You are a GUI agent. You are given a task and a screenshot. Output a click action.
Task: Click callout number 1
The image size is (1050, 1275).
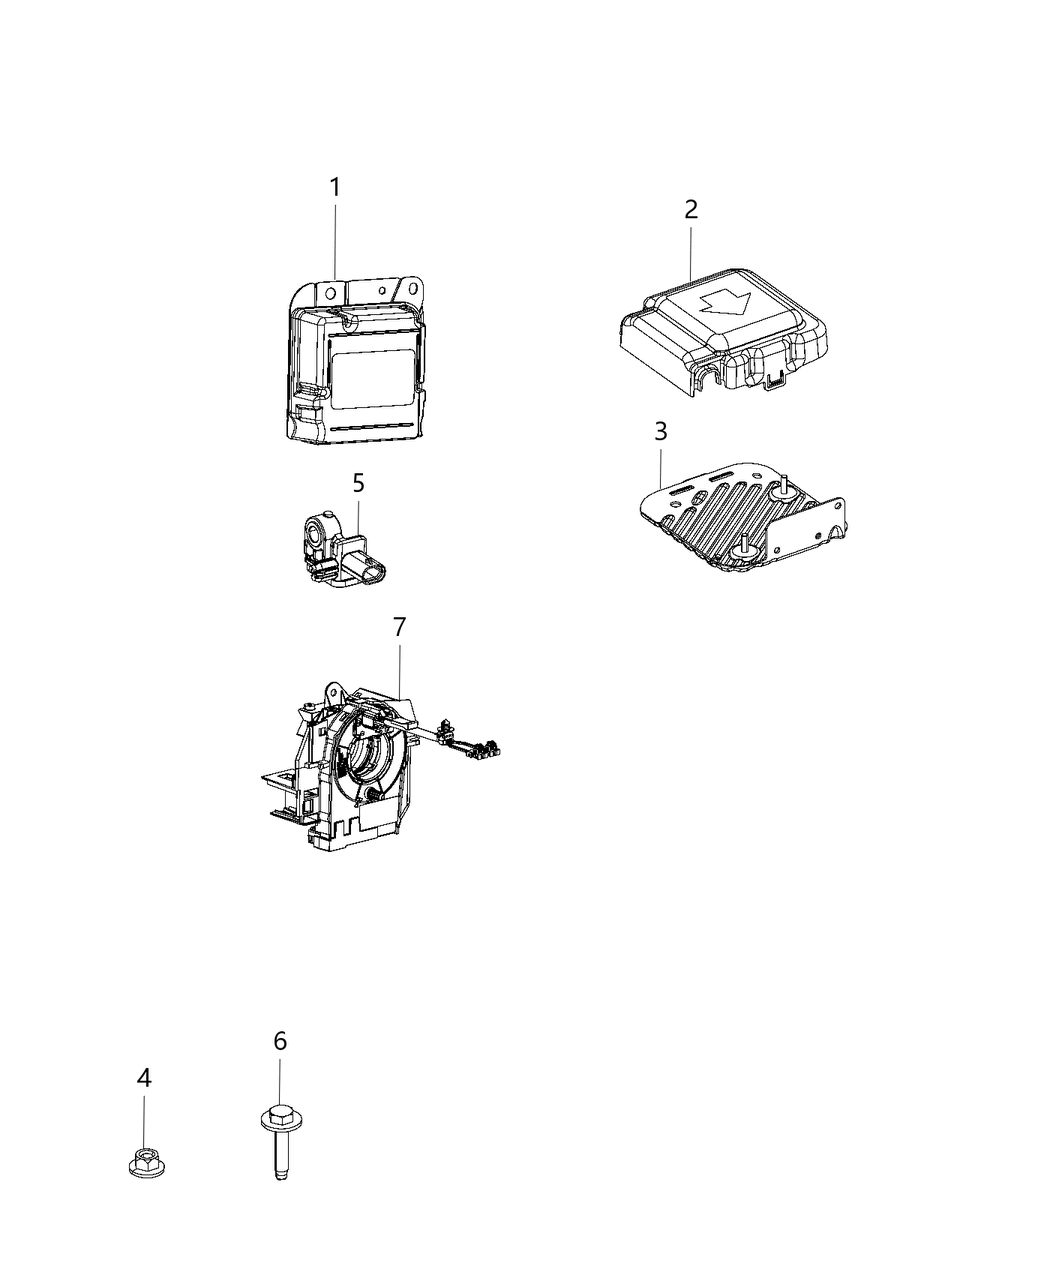click(335, 187)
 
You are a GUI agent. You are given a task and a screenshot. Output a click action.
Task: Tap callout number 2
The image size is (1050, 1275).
click(691, 210)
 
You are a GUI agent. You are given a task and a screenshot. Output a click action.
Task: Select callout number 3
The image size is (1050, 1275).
click(660, 432)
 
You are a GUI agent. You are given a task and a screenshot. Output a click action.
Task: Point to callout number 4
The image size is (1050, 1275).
click(144, 1078)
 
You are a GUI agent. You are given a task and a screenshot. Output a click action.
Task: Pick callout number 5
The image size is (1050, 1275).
click(358, 483)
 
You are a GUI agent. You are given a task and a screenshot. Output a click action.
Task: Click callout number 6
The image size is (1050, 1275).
click(280, 1041)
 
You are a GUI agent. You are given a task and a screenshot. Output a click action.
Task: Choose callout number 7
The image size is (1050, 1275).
click(399, 627)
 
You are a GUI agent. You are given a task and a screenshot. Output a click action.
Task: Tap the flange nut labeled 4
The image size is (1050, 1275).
click(145, 1163)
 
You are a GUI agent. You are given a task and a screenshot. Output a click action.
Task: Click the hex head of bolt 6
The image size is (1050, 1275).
click(279, 1113)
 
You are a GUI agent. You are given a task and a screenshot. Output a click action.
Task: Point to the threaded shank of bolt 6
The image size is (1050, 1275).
click(280, 1155)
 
